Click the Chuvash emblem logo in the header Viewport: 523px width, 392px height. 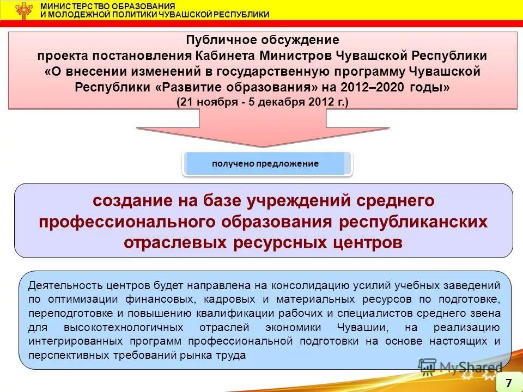point(23,10)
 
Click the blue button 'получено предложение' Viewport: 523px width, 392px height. point(265,163)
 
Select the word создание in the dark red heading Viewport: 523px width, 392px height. point(132,200)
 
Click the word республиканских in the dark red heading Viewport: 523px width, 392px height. point(413,222)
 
